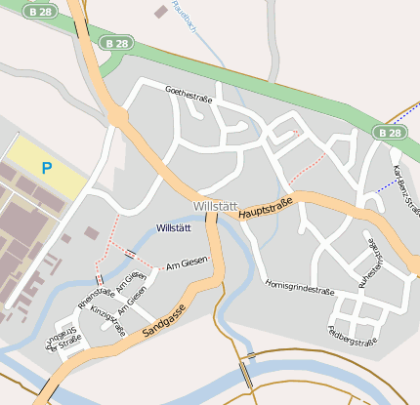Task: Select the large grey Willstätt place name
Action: (x=215, y=206)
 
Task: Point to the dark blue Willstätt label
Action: (x=174, y=227)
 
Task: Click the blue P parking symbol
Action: (x=46, y=168)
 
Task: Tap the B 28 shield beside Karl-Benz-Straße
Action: (x=389, y=132)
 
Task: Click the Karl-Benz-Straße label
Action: (x=405, y=190)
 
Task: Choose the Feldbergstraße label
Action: (x=353, y=335)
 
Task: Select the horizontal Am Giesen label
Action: (x=188, y=263)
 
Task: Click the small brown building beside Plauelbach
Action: (x=160, y=12)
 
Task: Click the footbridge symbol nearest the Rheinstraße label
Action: (x=100, y=280)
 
